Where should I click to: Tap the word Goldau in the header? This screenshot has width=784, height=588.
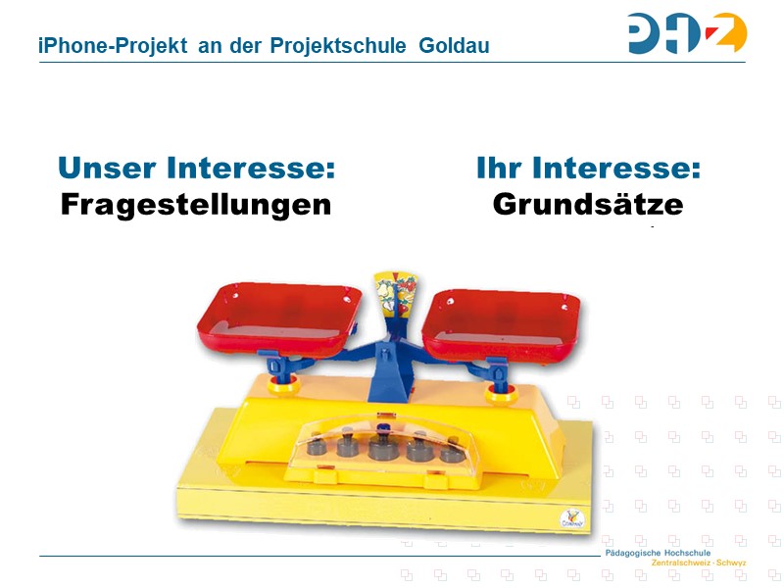(454, 46)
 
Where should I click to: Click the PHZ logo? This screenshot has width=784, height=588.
(687, 33)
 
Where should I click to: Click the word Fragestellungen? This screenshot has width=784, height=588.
(196, 205)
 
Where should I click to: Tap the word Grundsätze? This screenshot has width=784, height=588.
(587, 205)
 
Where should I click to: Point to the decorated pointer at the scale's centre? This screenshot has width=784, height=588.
(394, 289)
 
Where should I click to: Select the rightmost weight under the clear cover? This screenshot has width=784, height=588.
(451, 451)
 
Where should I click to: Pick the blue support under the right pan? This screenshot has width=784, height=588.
(497, 371)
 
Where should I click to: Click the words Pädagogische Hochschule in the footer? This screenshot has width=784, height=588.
(658, 554)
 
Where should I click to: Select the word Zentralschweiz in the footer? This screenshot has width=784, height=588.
(681, 563)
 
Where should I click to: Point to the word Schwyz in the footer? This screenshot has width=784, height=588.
(731, 563)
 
